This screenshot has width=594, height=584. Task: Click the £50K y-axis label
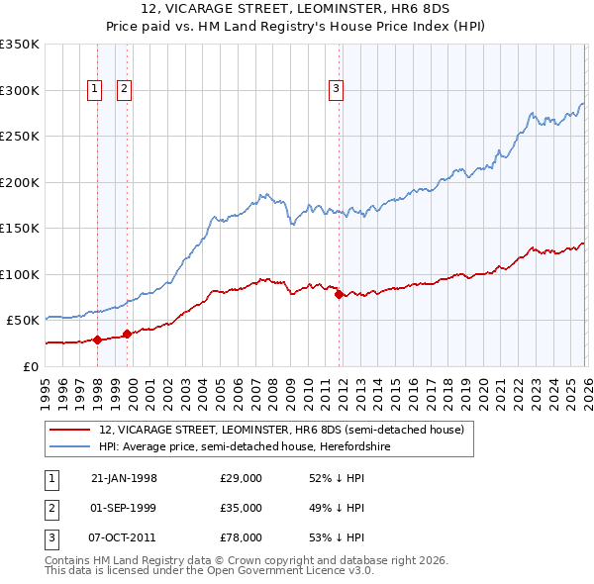click(x=23, y=321)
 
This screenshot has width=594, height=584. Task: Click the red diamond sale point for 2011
click(x=339, y=294)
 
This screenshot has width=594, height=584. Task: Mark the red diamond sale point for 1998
click(x=98, y=340)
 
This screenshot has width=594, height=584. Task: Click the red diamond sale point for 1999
click(x=127, y=334)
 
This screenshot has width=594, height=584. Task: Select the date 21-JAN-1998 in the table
click(x=124, y=478)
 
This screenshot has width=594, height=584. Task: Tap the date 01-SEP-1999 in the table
click(x=124, y=507)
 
